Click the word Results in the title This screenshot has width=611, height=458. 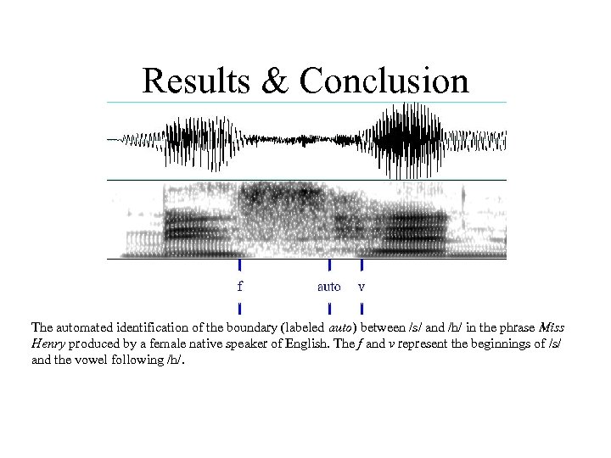click(x=196, y=81)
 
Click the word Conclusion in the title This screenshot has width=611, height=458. click(x=384, y=81)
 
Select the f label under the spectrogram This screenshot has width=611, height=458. click(x=240, y=286)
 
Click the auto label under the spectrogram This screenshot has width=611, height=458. click(x=328, y=287)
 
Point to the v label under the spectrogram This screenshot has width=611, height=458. click(x=362, y=287)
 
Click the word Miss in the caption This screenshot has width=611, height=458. click(x=552, y=327)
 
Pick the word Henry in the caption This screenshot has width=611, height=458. click(x=50, y=344)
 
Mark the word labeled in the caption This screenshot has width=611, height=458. click(x=304, y=327)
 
